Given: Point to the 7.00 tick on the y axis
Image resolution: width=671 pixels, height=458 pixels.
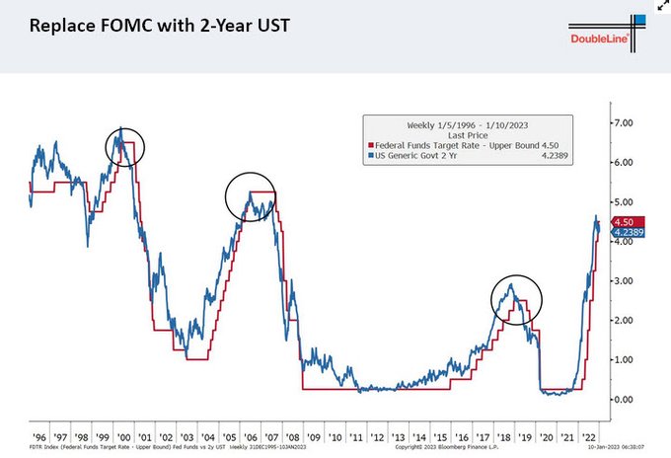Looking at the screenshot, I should coord(628,122).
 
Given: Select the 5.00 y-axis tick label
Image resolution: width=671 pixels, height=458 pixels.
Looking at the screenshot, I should coord(628,201).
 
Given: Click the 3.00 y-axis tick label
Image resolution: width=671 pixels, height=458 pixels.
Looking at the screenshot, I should coord(628,281).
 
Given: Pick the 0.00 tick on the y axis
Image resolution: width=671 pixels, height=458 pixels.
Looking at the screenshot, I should coord(628,400).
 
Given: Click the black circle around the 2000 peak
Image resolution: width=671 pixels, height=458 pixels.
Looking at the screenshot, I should coord(125,147).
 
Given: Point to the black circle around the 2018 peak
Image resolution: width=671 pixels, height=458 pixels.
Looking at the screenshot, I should coord(516,300).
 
